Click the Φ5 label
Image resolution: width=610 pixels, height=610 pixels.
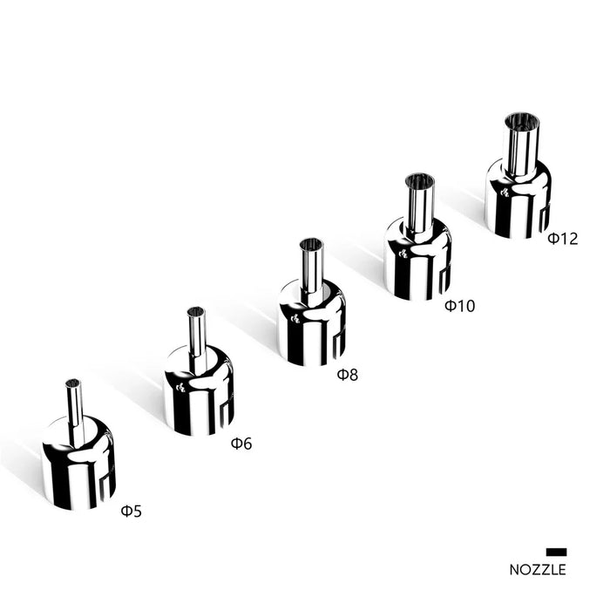[x=132, y=512]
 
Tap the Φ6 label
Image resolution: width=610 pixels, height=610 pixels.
[x=241, y=443]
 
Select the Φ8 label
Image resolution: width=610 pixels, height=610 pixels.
[x=348, y=375]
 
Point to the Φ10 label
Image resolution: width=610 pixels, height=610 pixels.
[x=460, y=306]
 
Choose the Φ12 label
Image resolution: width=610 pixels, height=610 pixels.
[x=563, y=239]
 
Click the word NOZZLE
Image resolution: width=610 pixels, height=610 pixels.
[x=538, y=570]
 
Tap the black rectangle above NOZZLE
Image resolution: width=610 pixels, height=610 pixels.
[x=556, y=552]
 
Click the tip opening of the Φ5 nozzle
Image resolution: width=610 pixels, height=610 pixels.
[x=72, y=383]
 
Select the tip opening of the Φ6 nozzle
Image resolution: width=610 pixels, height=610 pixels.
[x=196, y=312]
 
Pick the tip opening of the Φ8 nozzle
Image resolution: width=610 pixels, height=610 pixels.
[x=311, y=244]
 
